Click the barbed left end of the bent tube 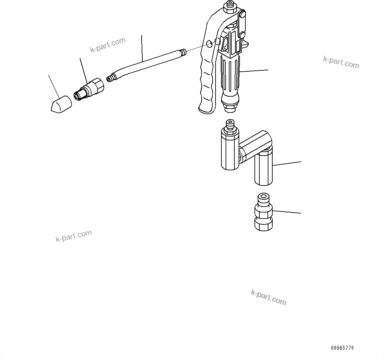click(111, 78)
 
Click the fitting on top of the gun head click(230, 6)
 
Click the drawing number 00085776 click(342, 348)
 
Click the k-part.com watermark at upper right click(341, 62)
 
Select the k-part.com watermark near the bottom click(268, 297)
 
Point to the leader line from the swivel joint click(287, 163)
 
